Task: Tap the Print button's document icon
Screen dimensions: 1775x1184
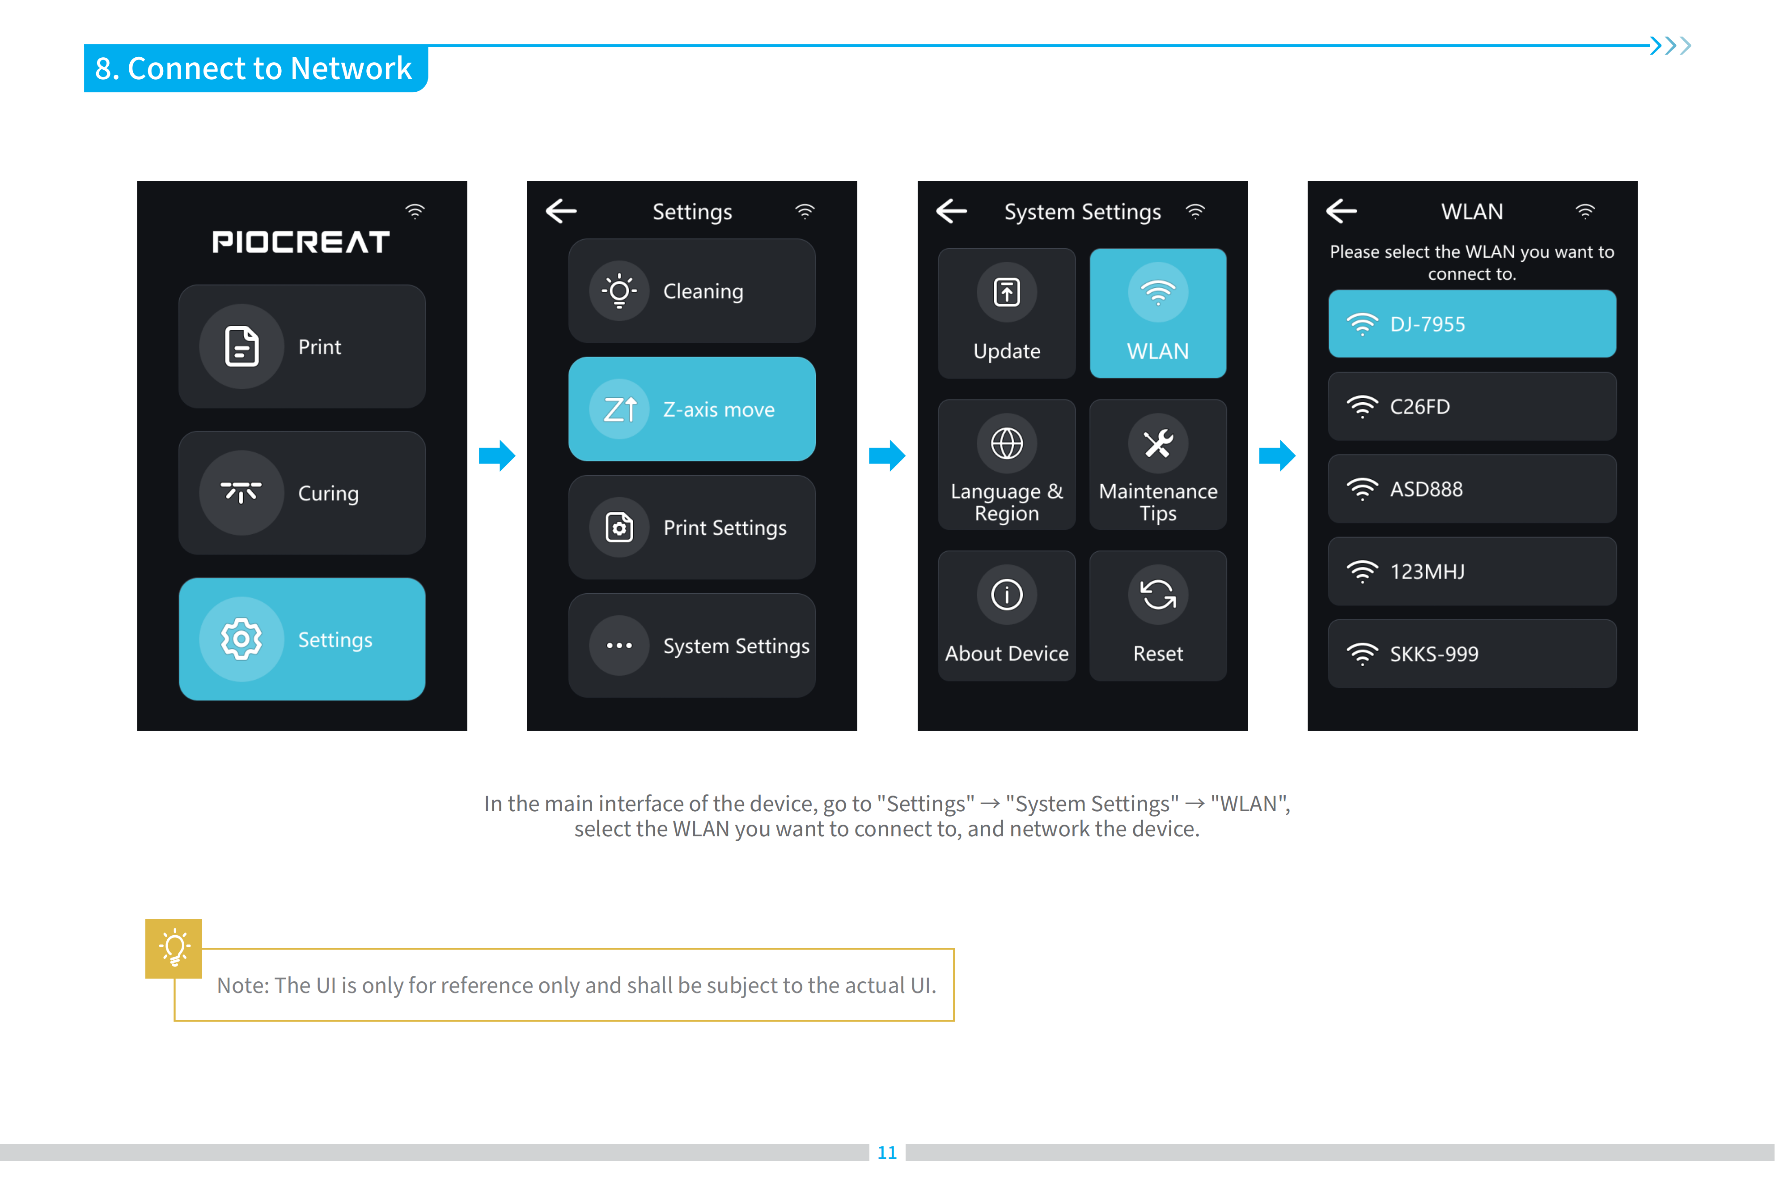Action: pyautogui.click(x=241, y=347)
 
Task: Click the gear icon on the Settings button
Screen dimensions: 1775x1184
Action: pyautogui.click(x=241, y=639)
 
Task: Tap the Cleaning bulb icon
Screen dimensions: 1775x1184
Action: pyautogui.click(x=619, y=291)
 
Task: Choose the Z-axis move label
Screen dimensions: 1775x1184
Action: pyautogui.click(x=718, y=409)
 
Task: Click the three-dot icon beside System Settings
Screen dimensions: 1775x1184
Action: pyautogui.click(x=619, y=646)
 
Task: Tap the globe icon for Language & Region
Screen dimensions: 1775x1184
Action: pyautogui.click(x=1007, y=443)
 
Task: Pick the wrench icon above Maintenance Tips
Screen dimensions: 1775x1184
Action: pyautogui.click(x=1158, y=443)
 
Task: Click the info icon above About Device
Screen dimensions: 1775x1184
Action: pyautogui.click(x=1007, y=594)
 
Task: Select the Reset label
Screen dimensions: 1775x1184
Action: pyautogui.click(x=1158, y=653)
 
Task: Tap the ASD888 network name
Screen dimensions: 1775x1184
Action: pyautogui.click(x=1426, y=490)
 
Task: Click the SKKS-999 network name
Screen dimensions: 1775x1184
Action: pyautogui.click(x=1434, y=654)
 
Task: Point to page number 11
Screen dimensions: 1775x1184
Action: pyautogui.click(x=887, y=1152)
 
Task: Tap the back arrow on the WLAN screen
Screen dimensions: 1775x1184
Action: pyautogui.click(x=1341, y=211)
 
